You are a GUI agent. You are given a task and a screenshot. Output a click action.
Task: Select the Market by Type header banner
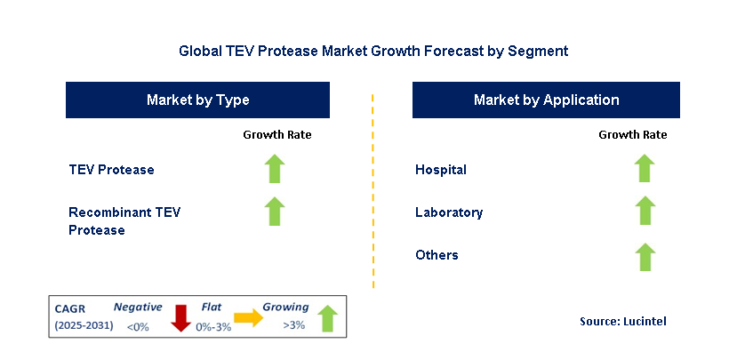197,100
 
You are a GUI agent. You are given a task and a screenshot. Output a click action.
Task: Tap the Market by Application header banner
546,100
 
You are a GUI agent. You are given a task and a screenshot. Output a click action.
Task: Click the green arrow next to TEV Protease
276,169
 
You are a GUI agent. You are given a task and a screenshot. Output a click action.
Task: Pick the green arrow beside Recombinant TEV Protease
276,212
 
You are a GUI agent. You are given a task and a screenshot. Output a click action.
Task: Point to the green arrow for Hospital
645,169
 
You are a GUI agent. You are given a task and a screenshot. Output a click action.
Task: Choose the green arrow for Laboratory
645,212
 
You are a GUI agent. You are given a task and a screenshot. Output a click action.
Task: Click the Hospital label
440,170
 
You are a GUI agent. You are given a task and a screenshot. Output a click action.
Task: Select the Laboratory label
449,212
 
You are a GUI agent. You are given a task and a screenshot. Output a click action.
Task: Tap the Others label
437,255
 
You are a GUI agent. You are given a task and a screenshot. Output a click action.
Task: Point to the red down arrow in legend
181,317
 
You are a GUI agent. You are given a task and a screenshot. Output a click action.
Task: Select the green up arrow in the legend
327,317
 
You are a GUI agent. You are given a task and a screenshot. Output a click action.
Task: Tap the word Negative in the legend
138,307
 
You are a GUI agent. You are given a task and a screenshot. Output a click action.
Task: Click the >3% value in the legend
293,325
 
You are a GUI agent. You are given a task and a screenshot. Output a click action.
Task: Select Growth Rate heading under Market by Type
276,135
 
